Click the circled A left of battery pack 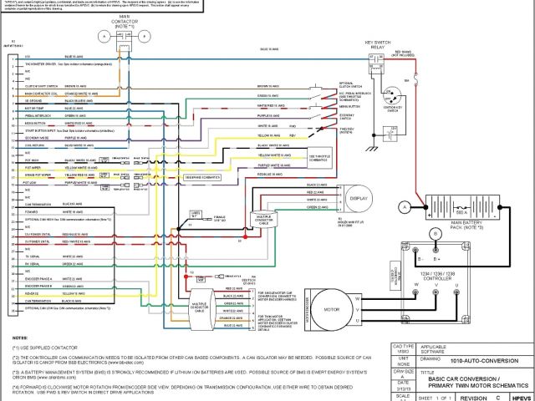click(404, 205)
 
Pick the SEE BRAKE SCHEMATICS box click(203, 176)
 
